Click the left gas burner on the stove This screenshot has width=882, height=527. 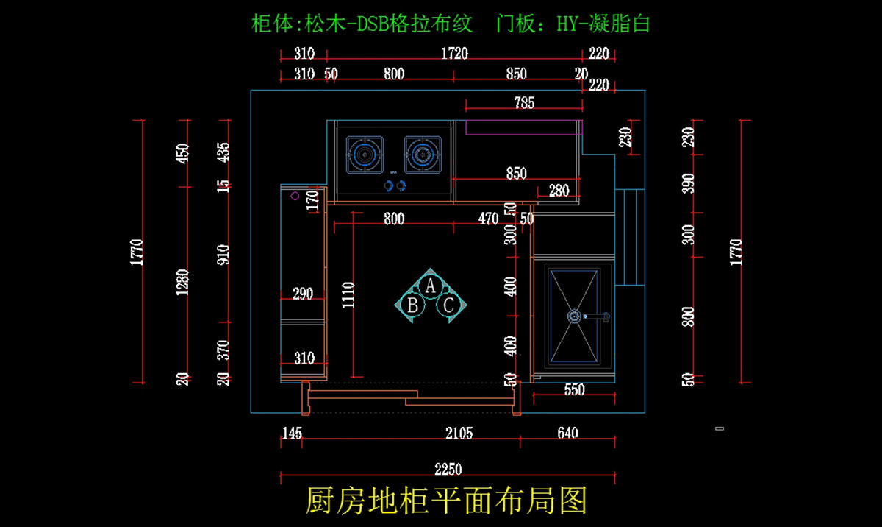[x=365, y=155]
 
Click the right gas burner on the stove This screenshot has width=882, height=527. [x=422, y=155]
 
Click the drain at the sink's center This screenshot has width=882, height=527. [x=573, y=316]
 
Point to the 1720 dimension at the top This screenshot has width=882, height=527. [x=454, y=54]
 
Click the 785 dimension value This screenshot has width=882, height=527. [x=523, y=103]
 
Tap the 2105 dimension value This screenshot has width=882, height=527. [x=459, y=433]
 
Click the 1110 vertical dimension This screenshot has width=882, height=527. [x=348, y=294]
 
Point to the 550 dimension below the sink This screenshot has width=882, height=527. [x=573, y=390]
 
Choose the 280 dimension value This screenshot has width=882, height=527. [x=559, y=191]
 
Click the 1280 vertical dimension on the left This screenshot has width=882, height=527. [x=183, y=283]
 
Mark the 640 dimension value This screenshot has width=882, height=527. [x=567, y=433]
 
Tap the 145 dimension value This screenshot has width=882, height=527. [x=292, y=433]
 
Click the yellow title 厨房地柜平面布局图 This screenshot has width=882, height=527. [x=447, y=501]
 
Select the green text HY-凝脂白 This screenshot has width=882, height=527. [x=603, y=24]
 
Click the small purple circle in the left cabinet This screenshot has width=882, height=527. [x=295, y=196]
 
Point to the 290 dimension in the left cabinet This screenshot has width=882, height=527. [x=303, y=294]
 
